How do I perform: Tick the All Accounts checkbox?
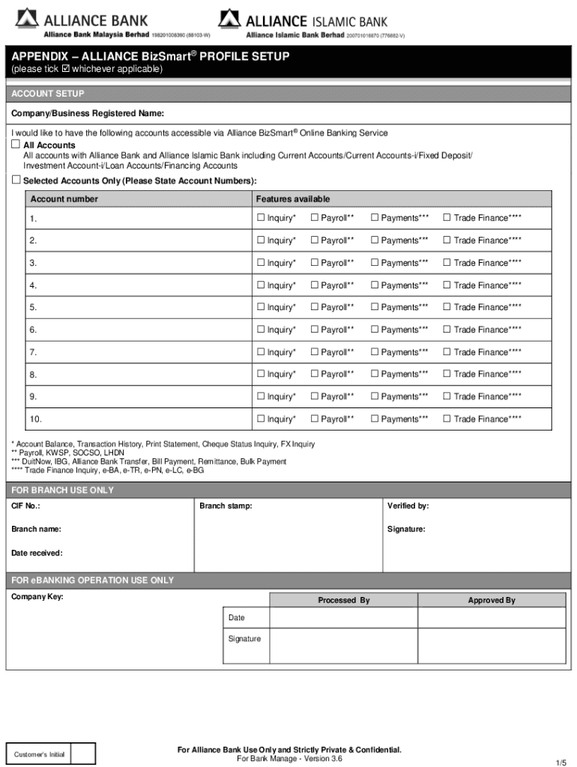tap(16, 144)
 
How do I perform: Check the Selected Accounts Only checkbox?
tap(16, 181)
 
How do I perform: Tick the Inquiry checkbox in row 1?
tap(261, 218)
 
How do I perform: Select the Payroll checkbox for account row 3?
tap(315, 262)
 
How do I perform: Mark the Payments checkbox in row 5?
tap(375, 307)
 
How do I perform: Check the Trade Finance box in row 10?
tap(447, 419)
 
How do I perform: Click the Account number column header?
tap(64, 199)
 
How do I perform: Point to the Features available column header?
tap(292, 199)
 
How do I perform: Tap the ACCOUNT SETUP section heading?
tap(47, 94)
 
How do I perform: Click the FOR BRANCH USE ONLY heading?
tap(62, 490)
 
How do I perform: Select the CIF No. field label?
tap(25, 506)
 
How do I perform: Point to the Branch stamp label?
tap(226, 506)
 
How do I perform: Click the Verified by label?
tap(408, 506)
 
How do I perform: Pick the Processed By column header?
tap(343, 600)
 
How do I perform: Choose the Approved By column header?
tap(491, 600)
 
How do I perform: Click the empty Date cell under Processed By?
tap(343, 618)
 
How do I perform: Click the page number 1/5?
tap(561, 762)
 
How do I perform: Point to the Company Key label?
tap(37, 597)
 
